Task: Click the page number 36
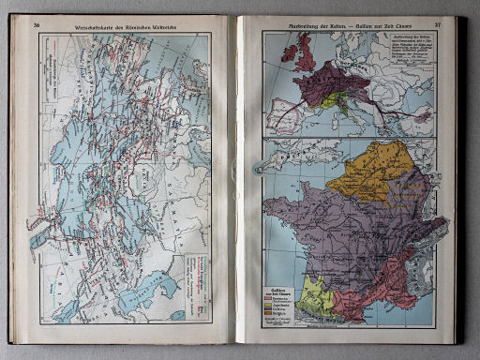pyautogui.click(x=37, y=23)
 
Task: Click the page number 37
pyautogui.click(x=437, y=22)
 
